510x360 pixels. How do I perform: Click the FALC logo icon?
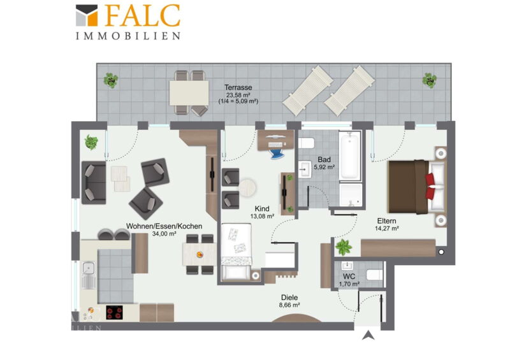[x=87, y=15]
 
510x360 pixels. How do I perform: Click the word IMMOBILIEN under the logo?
[x=128, y=36]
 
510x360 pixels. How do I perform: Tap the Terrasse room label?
[x=238, y=87]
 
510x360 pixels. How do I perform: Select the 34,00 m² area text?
[x=164, y=233]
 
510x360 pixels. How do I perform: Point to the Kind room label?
[x=262, y=209]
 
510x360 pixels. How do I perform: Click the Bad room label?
[x=324, y=160]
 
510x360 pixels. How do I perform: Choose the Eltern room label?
[x=387, y=221]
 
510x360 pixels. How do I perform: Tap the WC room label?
[x=349, y=277]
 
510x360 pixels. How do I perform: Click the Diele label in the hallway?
[x=289, y=298]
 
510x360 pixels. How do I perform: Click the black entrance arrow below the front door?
[x=368, y=335]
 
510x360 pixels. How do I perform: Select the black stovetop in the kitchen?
[x=115, y=312]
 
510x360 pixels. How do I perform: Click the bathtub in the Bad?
[x=350, y=155]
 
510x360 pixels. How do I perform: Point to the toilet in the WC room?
[x=374, y=275]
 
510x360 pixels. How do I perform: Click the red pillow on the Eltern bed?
[x=430, y=186]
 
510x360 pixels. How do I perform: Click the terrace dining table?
[x=189, y=92]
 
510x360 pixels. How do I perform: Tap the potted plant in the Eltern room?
[x=344, y=247]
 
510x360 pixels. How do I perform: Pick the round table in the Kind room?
[x=247, y=187]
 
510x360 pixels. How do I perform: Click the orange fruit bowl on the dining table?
[x=200, y=254]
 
